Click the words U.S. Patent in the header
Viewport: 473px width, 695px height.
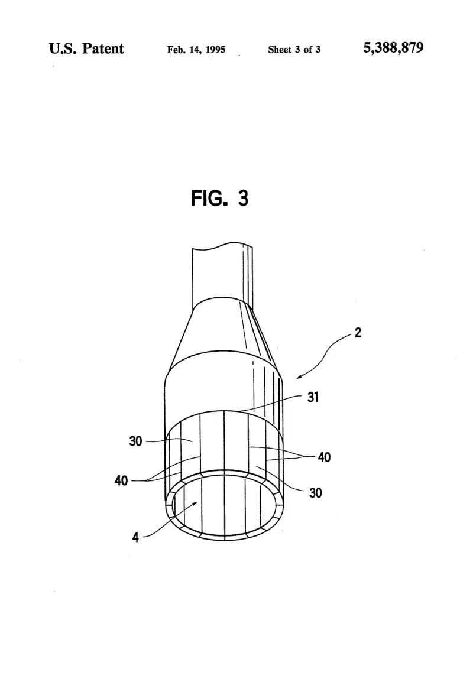(86, 48)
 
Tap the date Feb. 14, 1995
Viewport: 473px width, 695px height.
(196, 50)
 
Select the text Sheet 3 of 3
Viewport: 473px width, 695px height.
(294, 50)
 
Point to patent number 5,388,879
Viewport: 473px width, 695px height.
(393, 48)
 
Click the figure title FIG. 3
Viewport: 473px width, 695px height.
(219, 198)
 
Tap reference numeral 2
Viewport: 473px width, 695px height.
(358, 332)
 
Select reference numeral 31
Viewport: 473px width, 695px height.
(313, 397)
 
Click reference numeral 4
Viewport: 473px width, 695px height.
(135, 537)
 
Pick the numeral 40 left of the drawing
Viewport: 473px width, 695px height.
(121, 480)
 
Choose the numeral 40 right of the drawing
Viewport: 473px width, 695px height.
(324, 457)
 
